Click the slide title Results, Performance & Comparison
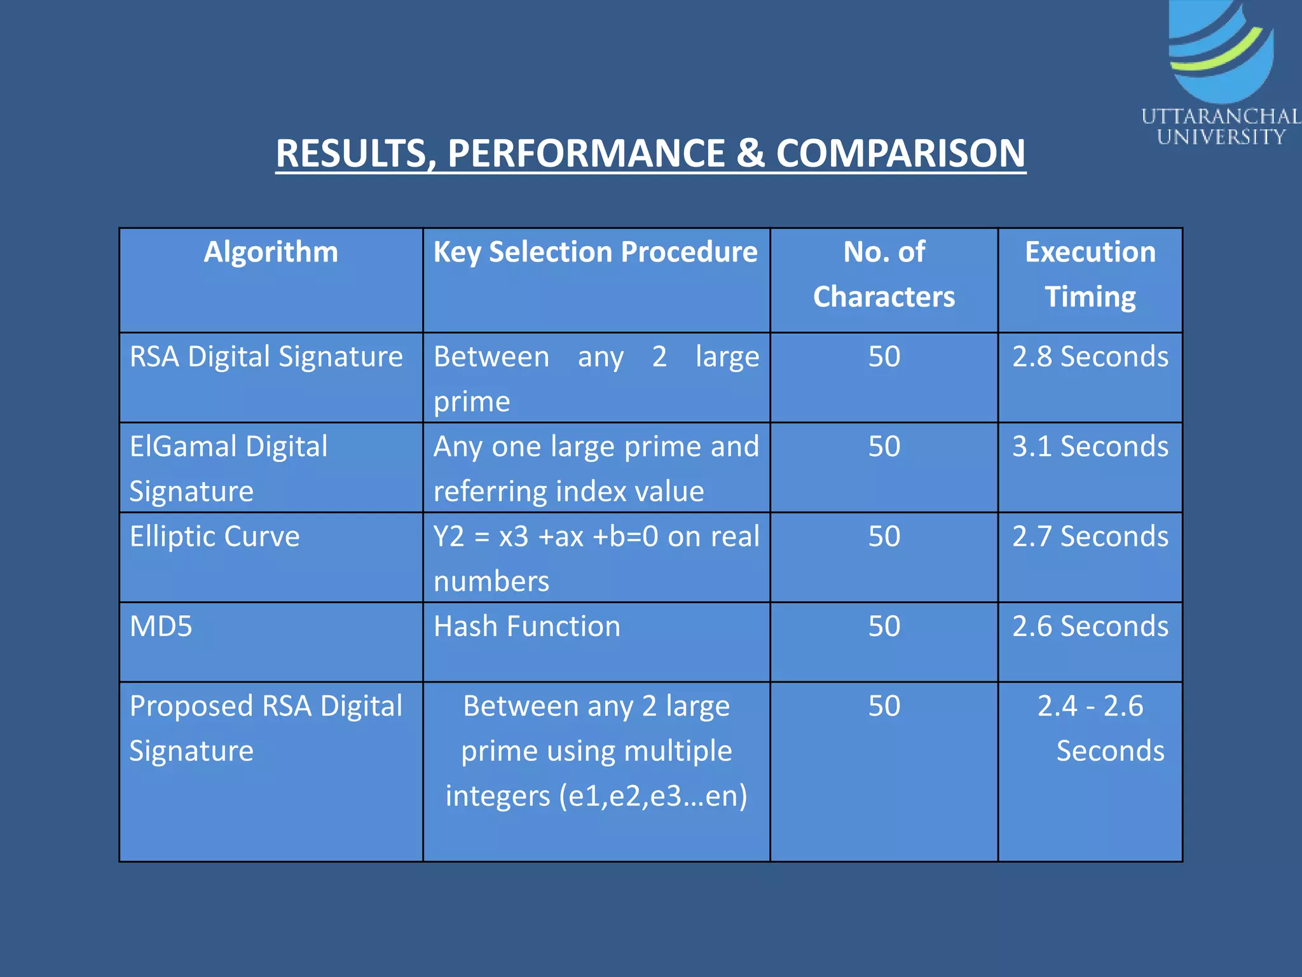[650, 153]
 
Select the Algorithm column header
[271, 252]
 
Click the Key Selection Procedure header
[596, 252]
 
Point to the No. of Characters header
[884, 274]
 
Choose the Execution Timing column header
[1090, 274]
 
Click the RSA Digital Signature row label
[266, 357]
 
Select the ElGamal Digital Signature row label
[228, 468]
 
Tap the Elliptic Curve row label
[214, 536]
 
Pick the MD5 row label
[161, 627]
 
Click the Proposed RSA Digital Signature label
[266, 728]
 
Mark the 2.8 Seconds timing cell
[1090, 357]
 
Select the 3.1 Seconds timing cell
[1090, 447]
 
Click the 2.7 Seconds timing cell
[1090, 536]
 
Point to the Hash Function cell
[527, 627]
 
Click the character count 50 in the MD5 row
[884, 627]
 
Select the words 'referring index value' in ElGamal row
[569, 492]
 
